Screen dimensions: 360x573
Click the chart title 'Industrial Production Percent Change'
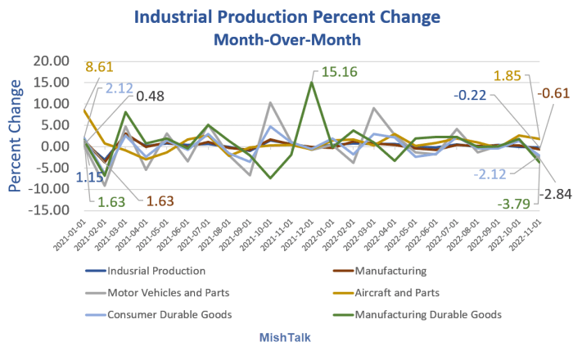(x=286, y=17)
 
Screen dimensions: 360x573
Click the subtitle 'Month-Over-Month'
(x=286, y=38)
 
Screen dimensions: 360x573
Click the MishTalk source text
(x=286, y=337)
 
